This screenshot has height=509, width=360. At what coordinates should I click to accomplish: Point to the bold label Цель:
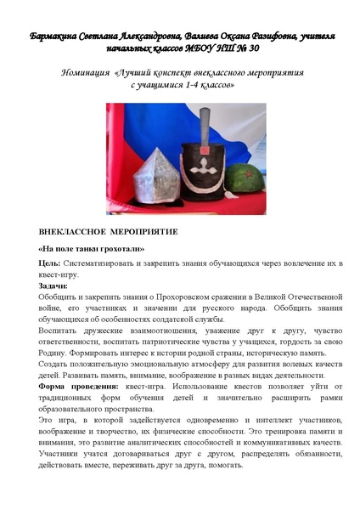[x=48, y=265]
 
